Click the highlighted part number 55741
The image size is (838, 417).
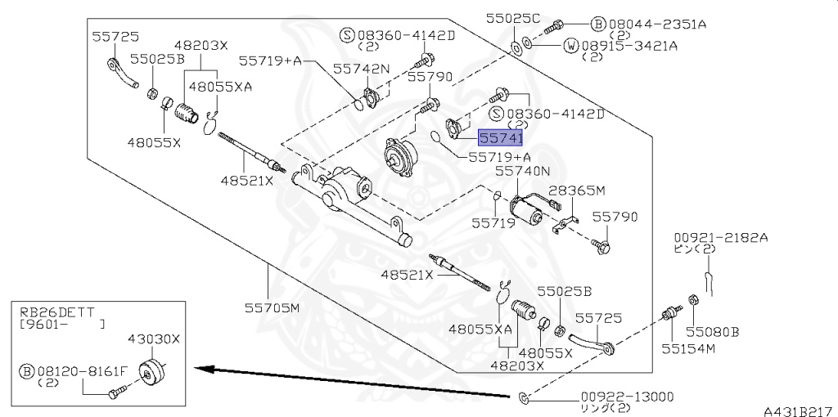(x=500, y=137)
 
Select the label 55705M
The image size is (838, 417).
(x=272, y=307)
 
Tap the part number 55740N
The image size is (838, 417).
(x=522, y=172)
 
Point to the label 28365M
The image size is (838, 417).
(x=577, y=191)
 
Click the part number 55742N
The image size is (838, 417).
(x=361, y=69)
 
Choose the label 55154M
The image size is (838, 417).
(x=688, y=348)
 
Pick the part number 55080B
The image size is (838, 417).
(x=713, y=332)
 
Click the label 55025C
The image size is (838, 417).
(x=513, y=18)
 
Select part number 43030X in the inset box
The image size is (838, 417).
(x=153, y=339)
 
